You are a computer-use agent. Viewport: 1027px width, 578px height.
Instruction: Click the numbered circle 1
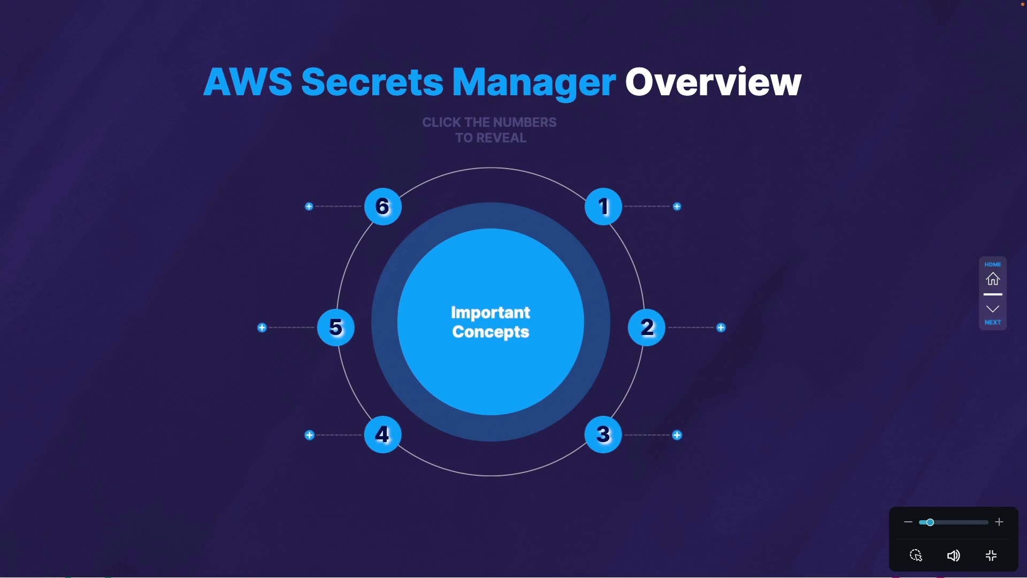pos(603,207)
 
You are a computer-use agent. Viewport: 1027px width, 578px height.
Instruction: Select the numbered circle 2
pos(647,328)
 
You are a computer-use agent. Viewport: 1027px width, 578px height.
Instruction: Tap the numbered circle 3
pos(603,435)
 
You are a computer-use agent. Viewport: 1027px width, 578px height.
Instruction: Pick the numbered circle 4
pos(382,435)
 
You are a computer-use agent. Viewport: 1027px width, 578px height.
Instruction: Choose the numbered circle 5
pos(336,328)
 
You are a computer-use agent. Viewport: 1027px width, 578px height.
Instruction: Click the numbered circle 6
pos(382,207)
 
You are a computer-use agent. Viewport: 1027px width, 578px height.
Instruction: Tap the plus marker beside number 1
pos(677,207)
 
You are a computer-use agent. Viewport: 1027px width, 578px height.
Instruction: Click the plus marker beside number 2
pos(721,328)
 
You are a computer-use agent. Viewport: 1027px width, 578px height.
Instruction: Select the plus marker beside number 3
pos(677,435)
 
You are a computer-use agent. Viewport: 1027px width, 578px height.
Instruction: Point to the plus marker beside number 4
pos(309,435)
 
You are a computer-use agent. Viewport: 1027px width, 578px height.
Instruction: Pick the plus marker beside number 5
pos(262,328)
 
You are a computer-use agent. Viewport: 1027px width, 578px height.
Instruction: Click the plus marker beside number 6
pos(309,207)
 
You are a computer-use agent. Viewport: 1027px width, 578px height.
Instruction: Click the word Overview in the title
pos(713,82)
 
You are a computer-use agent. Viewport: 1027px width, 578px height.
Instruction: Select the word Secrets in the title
pos(372,82)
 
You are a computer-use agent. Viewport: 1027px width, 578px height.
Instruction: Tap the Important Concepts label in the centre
pos(490,322)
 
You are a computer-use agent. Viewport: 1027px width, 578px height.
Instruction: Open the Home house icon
pos(993,279)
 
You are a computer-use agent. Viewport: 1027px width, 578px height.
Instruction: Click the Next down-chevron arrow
pos(993,309)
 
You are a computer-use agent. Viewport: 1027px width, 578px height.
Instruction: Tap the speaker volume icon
pos(953,556)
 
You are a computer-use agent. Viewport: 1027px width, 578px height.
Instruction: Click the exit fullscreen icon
pos(991,556)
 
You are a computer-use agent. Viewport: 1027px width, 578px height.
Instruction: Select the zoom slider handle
pos(930,522)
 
